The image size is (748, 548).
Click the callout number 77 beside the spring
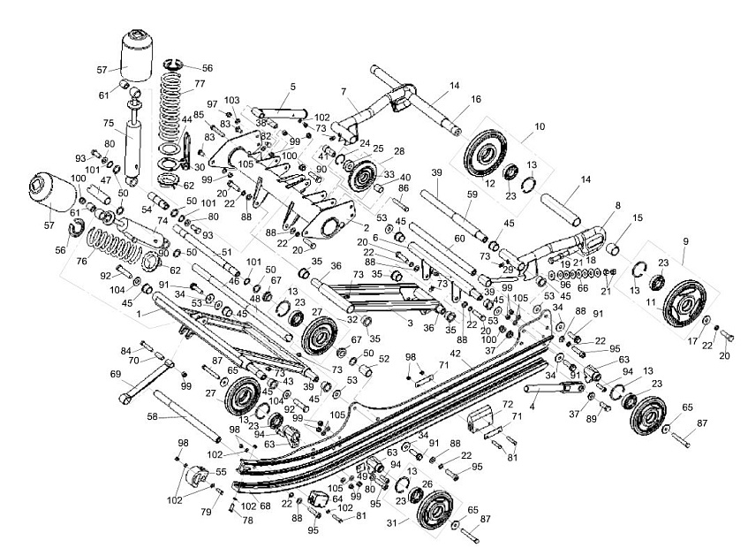tap(200, 85)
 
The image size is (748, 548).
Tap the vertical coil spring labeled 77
tap(173, 110)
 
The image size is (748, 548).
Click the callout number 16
tap(475, 101)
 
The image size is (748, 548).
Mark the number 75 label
tap(109, 123)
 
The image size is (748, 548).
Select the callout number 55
tap(221, 473)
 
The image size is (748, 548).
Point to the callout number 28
tap(399, 151)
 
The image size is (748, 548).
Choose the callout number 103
tap(232, 102)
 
